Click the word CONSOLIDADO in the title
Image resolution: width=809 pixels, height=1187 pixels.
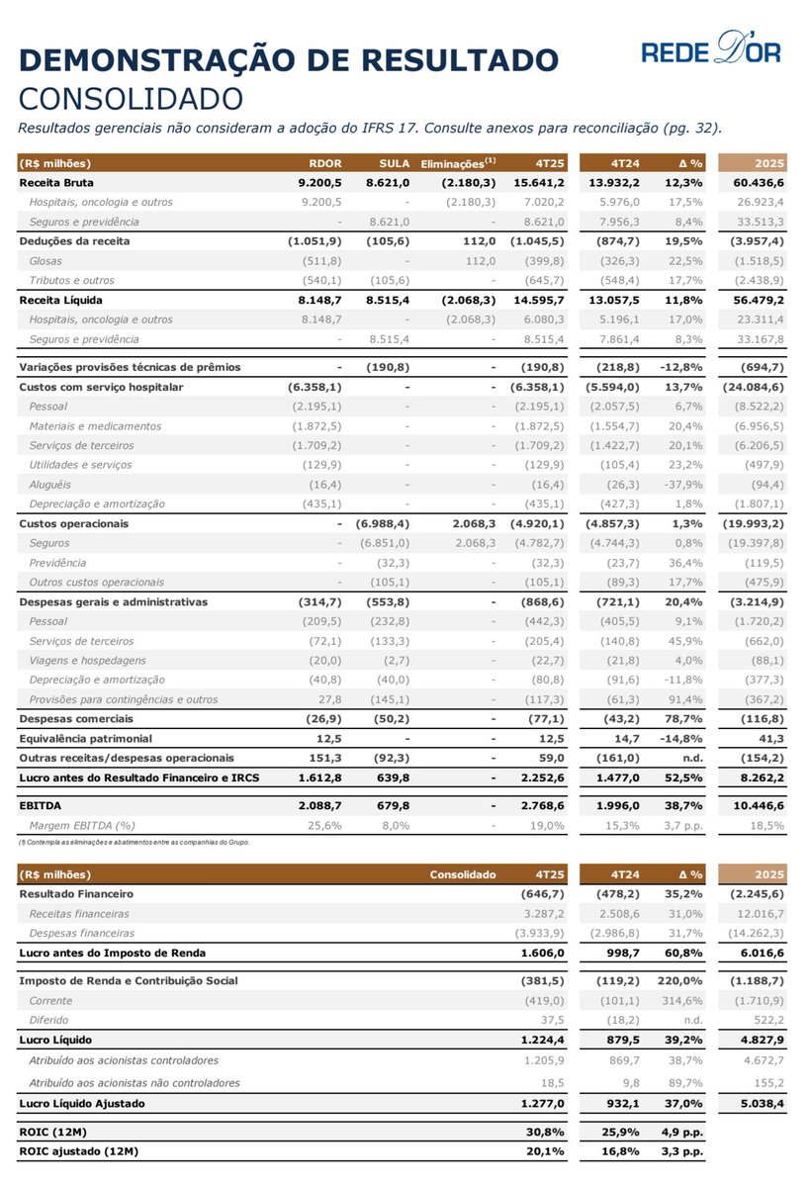131,99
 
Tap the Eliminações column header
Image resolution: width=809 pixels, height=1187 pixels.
458,163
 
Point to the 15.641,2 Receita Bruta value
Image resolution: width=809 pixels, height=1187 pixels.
537,183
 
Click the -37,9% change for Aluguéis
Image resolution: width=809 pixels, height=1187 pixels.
681,485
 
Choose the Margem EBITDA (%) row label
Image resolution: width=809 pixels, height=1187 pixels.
82,825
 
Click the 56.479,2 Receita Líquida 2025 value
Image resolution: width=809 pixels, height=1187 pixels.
758,299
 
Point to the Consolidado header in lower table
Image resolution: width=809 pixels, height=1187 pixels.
462,874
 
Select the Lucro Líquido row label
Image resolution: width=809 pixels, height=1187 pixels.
56,1041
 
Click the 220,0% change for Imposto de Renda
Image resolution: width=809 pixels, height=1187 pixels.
681,980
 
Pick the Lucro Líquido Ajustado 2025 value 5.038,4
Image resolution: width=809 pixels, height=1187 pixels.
760,1103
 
